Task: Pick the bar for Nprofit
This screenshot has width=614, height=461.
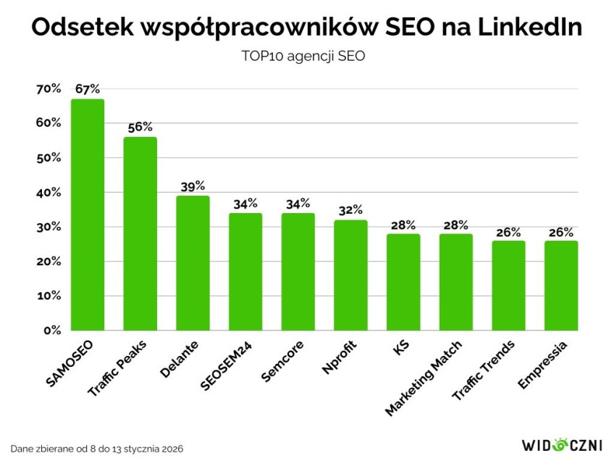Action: point(350,275)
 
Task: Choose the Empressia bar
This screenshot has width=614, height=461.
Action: point(561,286)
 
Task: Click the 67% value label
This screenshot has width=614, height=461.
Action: point(88,89)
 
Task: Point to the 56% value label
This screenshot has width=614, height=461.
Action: point(140,127)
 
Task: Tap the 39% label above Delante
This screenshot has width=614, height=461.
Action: point(193,186)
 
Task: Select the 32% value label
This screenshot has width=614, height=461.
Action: point(350,210)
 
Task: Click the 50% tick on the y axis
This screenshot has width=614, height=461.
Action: point(49,158)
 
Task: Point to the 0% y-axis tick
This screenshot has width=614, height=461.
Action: point(52,331)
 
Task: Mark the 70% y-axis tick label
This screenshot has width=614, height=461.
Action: point(49,88)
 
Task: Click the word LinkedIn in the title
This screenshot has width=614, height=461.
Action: point(519,28)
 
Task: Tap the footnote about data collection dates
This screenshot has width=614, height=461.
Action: point(97,449)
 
